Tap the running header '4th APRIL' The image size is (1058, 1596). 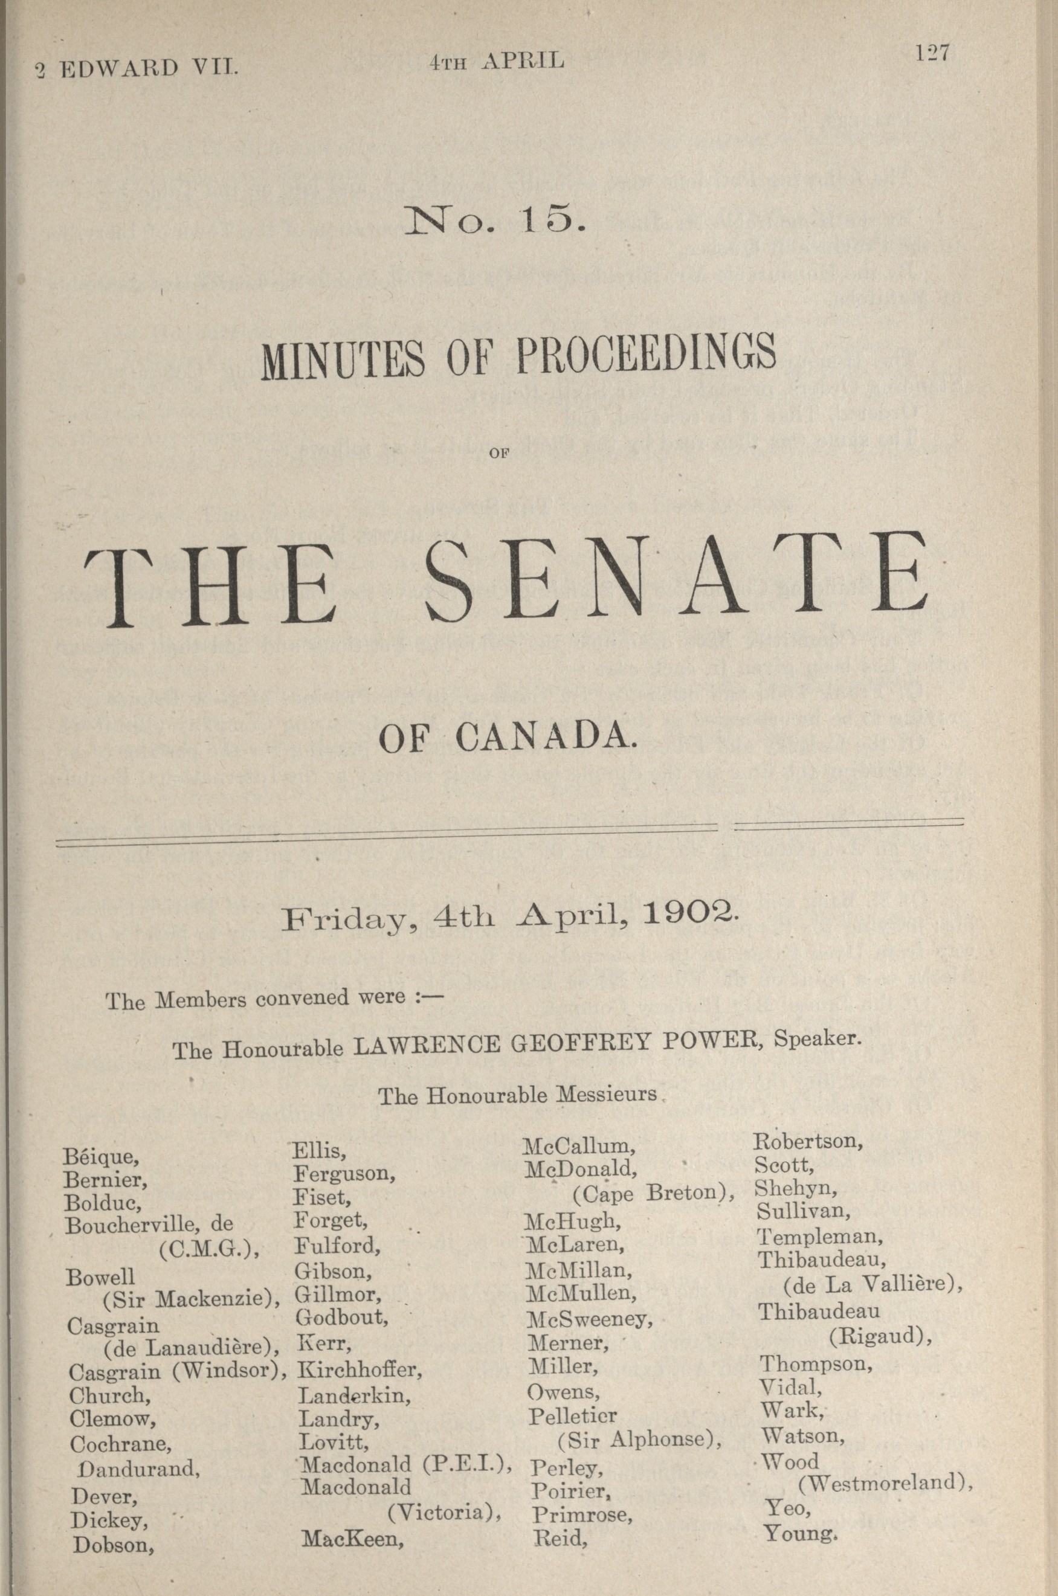[x=496, y=62]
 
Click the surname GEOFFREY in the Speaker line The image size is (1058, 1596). [x=579, y=1043]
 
